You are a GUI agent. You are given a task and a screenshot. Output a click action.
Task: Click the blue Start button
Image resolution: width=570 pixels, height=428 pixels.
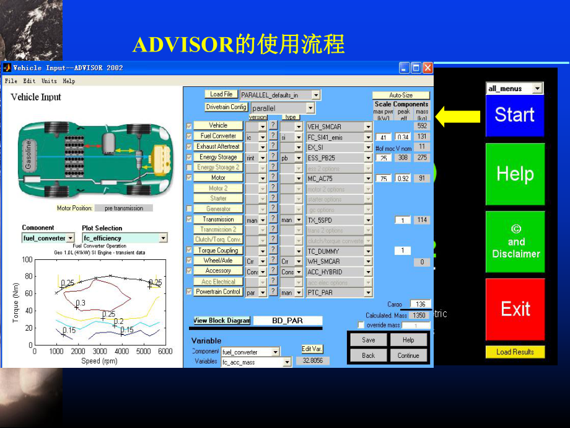514,115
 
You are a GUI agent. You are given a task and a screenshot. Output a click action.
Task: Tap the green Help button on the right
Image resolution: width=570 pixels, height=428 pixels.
514,174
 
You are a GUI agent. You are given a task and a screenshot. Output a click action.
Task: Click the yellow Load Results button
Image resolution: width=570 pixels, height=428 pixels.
514,352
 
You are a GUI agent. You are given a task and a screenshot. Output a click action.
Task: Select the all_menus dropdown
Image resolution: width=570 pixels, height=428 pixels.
514,89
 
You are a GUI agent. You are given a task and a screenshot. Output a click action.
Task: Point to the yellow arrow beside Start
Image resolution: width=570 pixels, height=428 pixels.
458,115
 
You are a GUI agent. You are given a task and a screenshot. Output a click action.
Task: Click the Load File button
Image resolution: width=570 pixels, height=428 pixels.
221,94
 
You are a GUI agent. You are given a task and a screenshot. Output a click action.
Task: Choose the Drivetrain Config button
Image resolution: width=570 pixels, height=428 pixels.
226,107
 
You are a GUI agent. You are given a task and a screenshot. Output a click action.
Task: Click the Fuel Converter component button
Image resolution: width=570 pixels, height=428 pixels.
219,136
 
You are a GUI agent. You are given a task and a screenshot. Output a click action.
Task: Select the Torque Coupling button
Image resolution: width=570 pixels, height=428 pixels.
219,251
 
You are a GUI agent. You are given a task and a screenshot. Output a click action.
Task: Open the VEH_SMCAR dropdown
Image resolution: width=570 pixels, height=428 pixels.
340,127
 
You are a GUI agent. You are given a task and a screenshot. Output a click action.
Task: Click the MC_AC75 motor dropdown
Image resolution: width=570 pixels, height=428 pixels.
340,179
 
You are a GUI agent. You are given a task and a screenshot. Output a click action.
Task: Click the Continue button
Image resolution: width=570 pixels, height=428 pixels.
408,355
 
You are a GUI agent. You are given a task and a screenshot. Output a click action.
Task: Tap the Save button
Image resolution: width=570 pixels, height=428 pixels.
369,340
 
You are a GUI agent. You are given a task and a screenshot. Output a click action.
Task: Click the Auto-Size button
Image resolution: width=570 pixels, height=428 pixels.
401,96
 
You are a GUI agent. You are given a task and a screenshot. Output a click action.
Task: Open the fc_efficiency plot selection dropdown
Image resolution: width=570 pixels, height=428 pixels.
125,238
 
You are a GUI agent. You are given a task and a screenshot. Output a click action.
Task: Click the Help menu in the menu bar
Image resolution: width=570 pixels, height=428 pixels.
69,81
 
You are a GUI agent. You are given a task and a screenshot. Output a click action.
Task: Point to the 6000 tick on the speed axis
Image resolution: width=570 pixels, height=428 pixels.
164,352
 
